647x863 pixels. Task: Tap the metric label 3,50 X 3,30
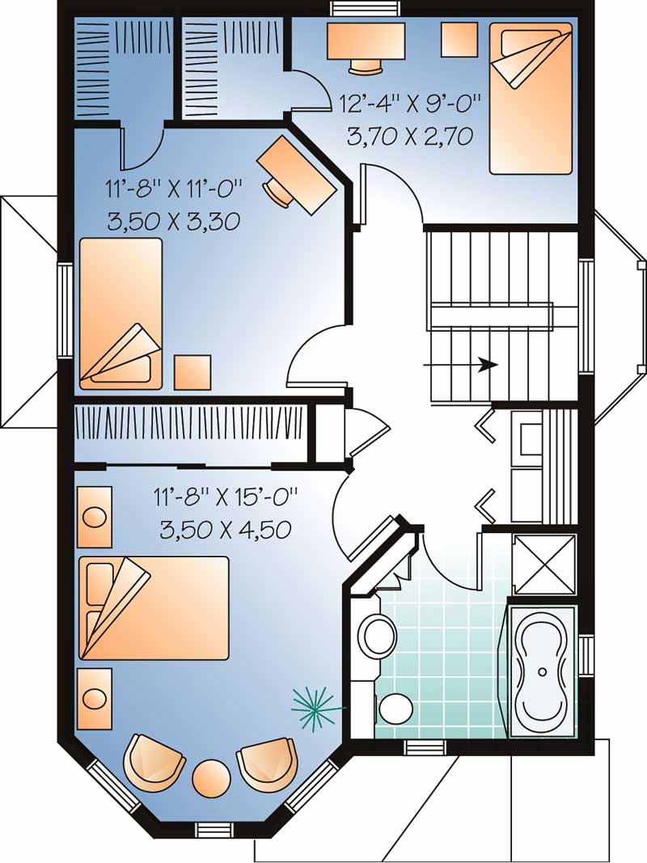coord(172,220)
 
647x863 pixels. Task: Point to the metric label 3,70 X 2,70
coord(409,136)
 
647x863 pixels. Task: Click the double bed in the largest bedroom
coord(154,607)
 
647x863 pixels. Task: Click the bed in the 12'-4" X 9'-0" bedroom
coord(531,97)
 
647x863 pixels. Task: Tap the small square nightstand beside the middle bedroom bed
coord(192,372)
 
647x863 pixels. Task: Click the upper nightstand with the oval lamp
coord(95,516)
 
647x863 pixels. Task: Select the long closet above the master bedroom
coord(190,424)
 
